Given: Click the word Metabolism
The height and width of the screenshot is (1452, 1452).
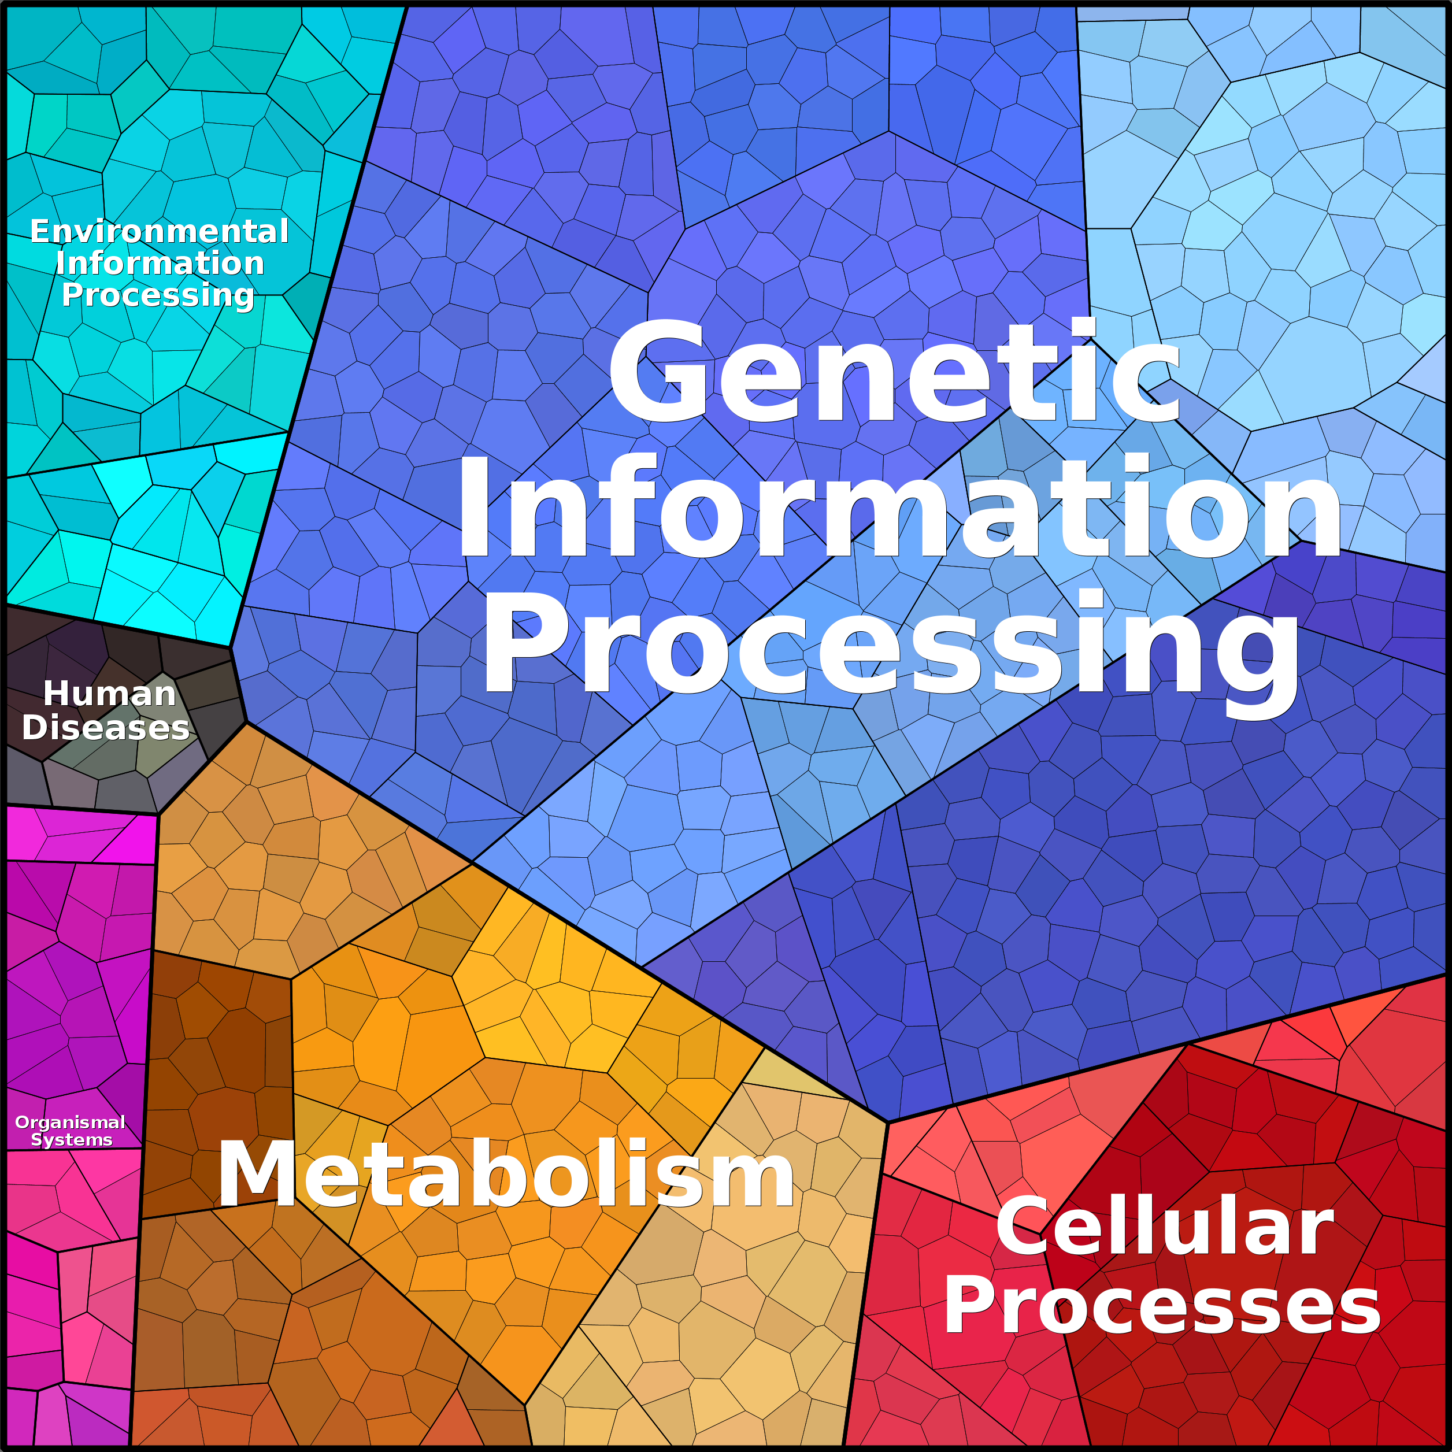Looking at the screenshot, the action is click(x=505, y=1174).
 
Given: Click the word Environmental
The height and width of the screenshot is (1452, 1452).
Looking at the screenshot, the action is click(x=160, y=231).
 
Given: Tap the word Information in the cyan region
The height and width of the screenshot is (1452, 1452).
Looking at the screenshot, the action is click(x=160, y=263).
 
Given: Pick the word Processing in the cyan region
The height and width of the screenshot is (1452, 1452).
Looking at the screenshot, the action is click(x=158, y=295).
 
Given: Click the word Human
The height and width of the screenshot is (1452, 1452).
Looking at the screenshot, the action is click(x=110, y=693).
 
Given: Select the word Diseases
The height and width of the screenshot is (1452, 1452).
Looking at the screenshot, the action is click(x=105, y=728).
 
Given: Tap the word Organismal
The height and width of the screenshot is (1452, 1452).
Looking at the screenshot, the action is click(x=70, y=1122).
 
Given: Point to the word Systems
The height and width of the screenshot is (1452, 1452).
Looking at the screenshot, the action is click(x=72, y=1139).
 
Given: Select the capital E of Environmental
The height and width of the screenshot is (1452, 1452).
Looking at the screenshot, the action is click(x=40, y=231).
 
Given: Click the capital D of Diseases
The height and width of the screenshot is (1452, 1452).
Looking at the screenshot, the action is click(x=35, y=728).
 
